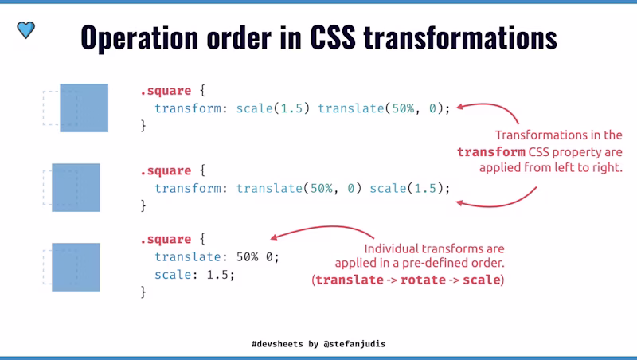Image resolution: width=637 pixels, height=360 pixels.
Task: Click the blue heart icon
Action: [x=26, y=30]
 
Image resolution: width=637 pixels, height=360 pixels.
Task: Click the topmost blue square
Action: [x=84, y=108]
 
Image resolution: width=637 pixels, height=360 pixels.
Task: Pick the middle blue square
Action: [x=76, y=187]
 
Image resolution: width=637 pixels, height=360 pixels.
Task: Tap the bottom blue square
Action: [x=76, y=267]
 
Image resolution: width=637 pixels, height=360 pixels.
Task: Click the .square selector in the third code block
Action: [x=166, y=240]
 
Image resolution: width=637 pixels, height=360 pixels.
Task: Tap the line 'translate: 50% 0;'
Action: [x=217, y=257]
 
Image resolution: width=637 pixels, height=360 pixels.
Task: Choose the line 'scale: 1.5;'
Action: [x=195, y=275]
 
